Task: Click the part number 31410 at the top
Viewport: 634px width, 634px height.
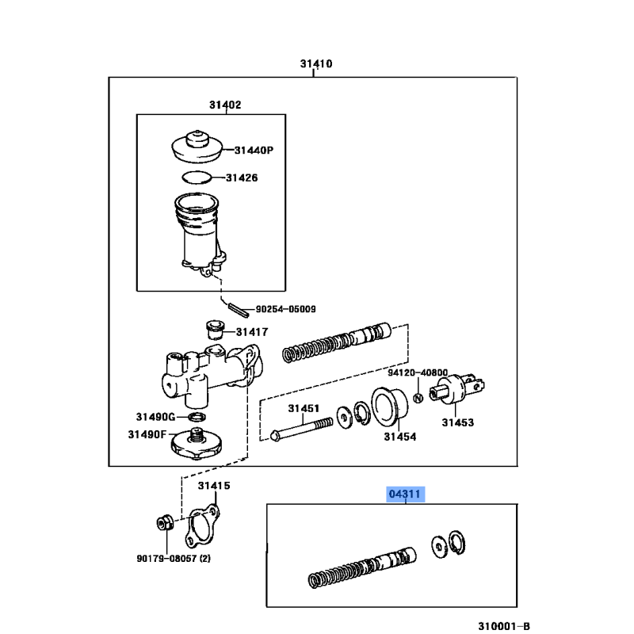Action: coord(316,64)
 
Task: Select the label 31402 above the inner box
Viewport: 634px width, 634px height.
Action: coord(225,105)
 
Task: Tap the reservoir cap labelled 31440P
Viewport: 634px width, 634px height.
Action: coord(197,147)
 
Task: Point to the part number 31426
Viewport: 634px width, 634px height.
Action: coord(242,178)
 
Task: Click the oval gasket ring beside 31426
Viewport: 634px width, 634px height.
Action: coord(197,177)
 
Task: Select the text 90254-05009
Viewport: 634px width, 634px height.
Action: coord(286,309)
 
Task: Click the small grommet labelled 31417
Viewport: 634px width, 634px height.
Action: coord(216,330)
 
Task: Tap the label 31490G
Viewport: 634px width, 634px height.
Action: coord(155,417)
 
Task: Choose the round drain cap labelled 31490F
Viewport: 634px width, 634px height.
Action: coord(197,443)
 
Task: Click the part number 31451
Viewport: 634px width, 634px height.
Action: coord(304,409)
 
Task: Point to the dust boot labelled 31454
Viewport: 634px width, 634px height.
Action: coord(389,407)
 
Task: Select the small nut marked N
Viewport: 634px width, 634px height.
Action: coord(418,399)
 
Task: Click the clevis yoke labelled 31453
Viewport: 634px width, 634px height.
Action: coord(457,388)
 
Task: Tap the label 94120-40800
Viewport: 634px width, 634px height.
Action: coord(418,372)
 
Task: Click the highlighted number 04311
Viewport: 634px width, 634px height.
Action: coord(405,494)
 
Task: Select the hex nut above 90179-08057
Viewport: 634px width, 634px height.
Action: coord(165,523)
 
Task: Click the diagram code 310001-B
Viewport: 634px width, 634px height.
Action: coord(504,626)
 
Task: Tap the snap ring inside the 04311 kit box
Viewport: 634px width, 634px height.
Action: coord(457,542)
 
